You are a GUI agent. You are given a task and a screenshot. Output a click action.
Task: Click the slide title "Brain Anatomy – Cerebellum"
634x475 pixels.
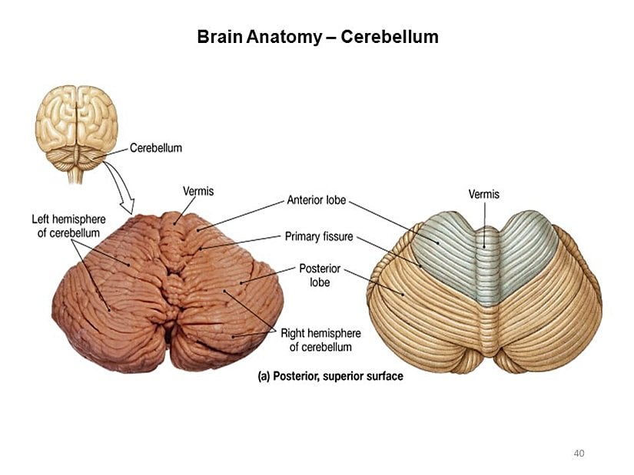[x=317, y=37]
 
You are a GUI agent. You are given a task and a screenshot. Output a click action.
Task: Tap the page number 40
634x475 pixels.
[x=579, y=453]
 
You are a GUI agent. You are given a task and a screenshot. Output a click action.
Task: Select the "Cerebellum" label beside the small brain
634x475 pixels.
[x=156, y=147]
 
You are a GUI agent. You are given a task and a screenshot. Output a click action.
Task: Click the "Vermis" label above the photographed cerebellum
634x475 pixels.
[x=198, y=191]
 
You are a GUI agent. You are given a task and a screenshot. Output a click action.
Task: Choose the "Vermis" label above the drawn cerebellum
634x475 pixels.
[x=484, y=194]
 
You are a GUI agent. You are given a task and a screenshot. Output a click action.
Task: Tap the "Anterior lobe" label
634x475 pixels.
[x=316, y=201]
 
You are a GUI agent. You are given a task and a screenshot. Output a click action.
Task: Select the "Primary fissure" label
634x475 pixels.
[x=319, y=236]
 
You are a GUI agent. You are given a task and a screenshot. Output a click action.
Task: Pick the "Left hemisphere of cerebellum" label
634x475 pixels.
[x=68, y=226]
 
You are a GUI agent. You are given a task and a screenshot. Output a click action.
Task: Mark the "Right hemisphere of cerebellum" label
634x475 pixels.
[x=320, y=340]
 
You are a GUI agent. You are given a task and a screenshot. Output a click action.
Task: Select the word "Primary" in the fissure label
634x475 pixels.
[x=303, y=236]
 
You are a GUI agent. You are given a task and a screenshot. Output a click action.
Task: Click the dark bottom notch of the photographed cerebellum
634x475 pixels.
[x=168, y=338]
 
